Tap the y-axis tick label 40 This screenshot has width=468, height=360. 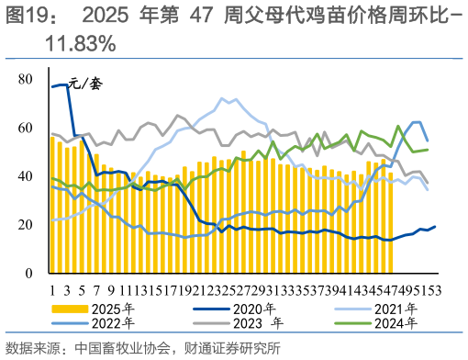click(26, 176)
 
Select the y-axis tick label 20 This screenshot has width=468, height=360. click(26, 225)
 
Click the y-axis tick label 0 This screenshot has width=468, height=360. click(29, 274)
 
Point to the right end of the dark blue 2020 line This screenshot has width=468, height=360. click(434, 227)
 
